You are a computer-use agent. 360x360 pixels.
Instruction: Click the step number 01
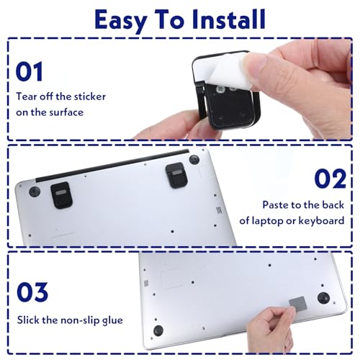click(x=30, y=71)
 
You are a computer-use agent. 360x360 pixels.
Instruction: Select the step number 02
click(x=330, y=179)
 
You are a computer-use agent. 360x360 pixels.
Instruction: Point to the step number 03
click(x=32, y=292)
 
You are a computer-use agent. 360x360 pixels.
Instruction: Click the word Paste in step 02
click(x=274, y=205)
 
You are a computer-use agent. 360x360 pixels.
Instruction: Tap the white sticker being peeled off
click(x=223, y=70)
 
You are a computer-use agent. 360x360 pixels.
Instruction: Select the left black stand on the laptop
click(x=61, y=195)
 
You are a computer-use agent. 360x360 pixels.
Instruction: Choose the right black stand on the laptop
click(x=176, y=176)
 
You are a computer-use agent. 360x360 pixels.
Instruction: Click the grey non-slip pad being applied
click(x=298, y=302)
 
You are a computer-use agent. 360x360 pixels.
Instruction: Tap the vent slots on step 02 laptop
click(x=218, y=210)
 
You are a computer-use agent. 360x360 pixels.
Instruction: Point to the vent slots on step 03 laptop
click(x=146, y=283)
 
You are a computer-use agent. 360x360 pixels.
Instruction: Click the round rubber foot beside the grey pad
click(x=323, y=298)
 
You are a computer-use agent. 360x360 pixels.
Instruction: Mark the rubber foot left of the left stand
click(x=35, y=192)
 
